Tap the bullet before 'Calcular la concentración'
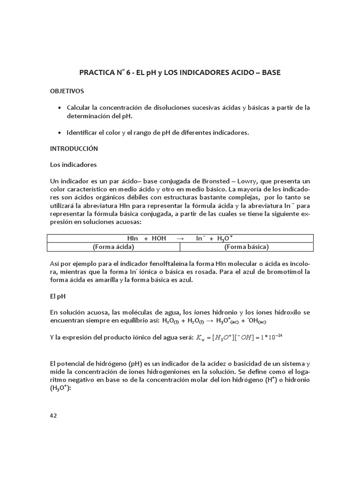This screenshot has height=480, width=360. click(59, 108)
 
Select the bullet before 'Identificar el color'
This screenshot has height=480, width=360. click(59, 133)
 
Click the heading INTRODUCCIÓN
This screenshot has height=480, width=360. click(74, 149)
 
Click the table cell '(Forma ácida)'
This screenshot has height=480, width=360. click(114, 247)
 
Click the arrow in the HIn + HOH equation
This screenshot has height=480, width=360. click(180, 238)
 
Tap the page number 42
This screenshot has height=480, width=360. click(53, 415)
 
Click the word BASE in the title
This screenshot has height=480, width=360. click(271, 73)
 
